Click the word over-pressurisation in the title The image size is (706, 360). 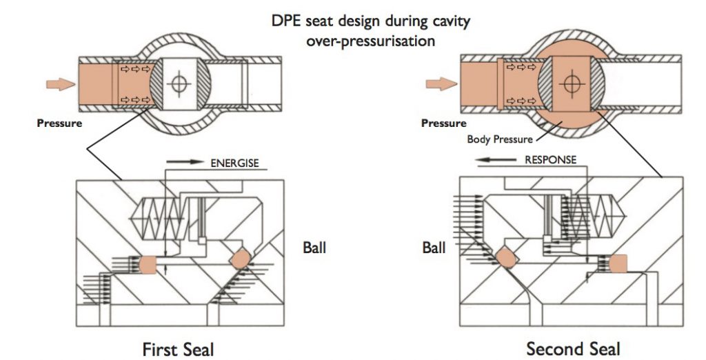click(x=370, y=41)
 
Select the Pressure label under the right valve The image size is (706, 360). click(x=443, y=123)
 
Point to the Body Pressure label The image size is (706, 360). click(x=499, y=139)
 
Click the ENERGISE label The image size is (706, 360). click(x=234, y=164)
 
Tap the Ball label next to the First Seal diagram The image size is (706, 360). click(x=314, y=247)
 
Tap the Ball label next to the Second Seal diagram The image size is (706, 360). click(x=435, y=247)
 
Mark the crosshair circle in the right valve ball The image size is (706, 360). click(x=569, y=84)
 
